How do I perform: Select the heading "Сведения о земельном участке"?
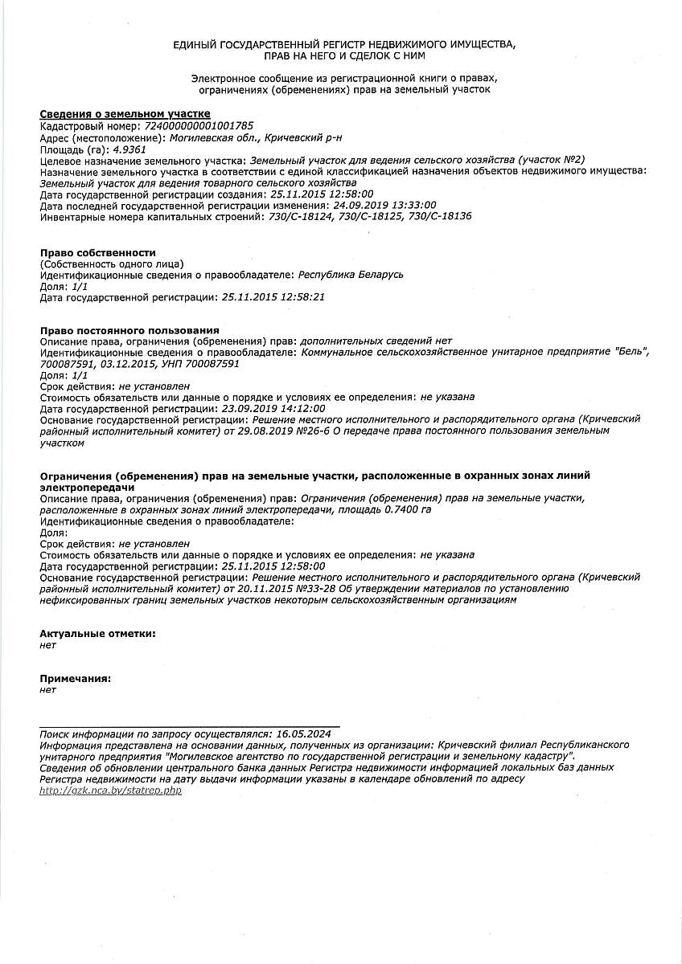tap(125, 114)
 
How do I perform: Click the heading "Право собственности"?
tap(98, 252)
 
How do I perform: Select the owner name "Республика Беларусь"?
tap(351, 275)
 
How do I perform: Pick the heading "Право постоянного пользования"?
tap(129, 330)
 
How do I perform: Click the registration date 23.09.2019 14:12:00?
tap(273, 408)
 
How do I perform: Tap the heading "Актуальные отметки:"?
tap(98, 634)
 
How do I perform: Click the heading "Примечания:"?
tap(76, 679)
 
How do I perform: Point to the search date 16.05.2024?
tap(303, 734)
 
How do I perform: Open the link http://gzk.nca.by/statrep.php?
tap(111, 790)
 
